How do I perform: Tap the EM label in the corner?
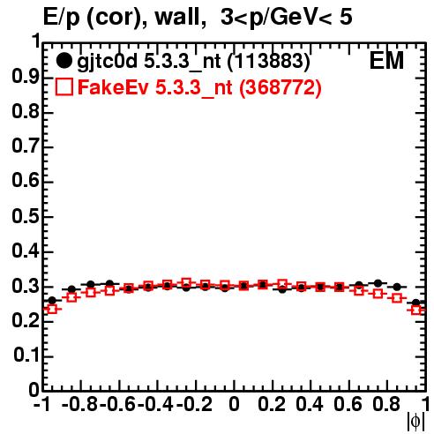click(386, 61)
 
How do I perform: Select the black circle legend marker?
click(64, 61)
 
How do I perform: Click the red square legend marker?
click(64, 87)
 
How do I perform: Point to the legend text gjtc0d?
click(107, 62)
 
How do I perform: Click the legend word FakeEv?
click(113, 87)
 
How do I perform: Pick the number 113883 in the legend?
click(269, 62)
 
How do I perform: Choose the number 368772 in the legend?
click(281, 87)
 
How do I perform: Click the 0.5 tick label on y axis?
click(26, 216)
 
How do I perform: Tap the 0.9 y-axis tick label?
click(26, 77)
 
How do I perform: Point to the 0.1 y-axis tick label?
click(26, 355)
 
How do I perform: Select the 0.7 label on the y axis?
click(26, 146)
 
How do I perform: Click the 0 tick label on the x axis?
click(234, 404)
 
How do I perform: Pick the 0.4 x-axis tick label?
click(310, 404)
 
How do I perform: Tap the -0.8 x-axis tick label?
click(80, 404)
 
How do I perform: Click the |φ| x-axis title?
click(415, 422)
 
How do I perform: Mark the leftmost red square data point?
click(52, 309)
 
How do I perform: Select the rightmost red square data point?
click(416, 310)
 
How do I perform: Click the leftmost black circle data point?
click(52, 301)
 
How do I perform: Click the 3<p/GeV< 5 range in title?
click(287, 18)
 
